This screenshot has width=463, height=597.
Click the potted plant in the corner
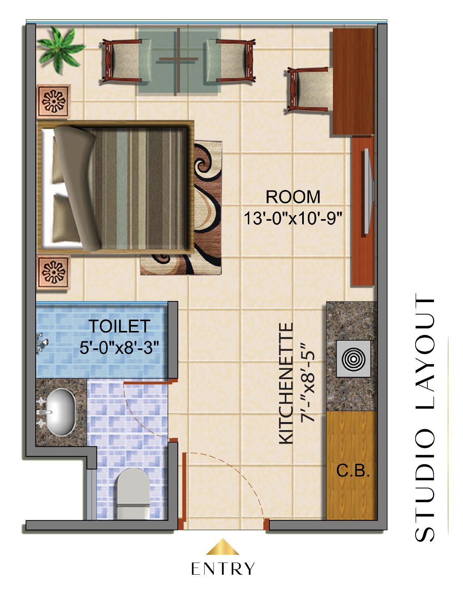pos(60,49)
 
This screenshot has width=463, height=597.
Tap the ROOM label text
pos(292,197)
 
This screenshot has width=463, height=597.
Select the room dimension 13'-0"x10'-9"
pos(293,218)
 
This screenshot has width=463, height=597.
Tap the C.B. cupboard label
pos(353,470)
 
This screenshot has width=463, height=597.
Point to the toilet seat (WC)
pos(134,494)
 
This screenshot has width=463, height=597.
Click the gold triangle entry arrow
pos(222,546)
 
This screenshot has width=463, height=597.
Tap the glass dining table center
pos(179,60)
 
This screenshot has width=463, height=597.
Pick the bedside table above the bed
pos(53,101)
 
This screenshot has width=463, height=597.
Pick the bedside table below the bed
pos(53,273)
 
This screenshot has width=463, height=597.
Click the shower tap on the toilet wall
pos(42,342)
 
